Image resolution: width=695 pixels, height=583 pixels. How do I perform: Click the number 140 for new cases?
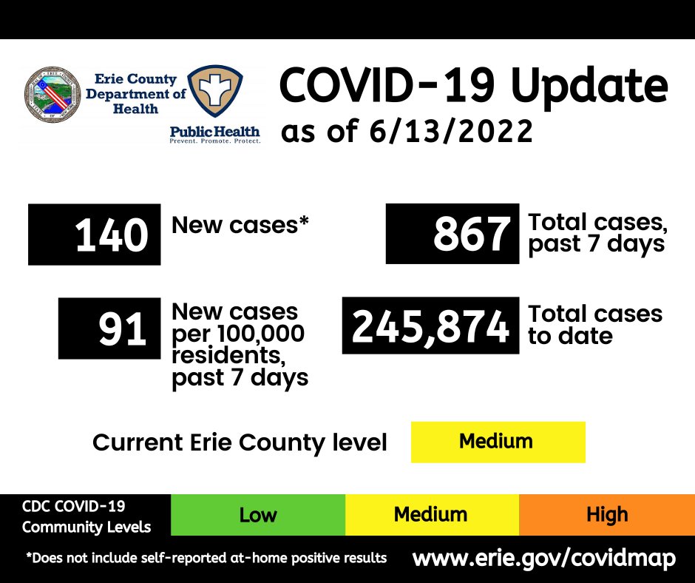(x=111, y=235)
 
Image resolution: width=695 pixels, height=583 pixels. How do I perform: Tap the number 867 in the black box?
(x=471, y=234)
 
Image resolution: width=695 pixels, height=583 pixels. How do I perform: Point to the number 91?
(x=123, y=329)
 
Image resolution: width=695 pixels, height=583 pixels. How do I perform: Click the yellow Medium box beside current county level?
(x=498, y=442)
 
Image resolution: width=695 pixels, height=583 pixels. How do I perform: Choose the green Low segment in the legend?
(x=257, y=515)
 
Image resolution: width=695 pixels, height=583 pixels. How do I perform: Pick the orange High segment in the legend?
(x=606, y=515)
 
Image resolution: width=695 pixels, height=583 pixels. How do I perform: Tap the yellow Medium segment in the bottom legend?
(x=431, y=515)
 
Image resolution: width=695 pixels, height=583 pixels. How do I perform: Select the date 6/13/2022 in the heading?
(x=450, y=132)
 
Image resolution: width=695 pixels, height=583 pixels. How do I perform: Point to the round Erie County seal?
(x=53, y=95)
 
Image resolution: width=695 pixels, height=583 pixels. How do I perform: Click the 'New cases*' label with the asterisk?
(x=240, y=225)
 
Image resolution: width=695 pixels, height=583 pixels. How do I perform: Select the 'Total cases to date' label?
(x=594, y=325)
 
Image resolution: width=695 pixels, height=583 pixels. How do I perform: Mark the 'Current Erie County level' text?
(x=240, y=442)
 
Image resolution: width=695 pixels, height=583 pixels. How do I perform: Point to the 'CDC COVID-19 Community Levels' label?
(x=86, y=516)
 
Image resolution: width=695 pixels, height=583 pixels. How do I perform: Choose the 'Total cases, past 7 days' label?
(x=596, y=234)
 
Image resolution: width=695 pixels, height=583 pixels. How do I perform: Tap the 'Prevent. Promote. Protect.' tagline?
(x=215, y=140)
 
